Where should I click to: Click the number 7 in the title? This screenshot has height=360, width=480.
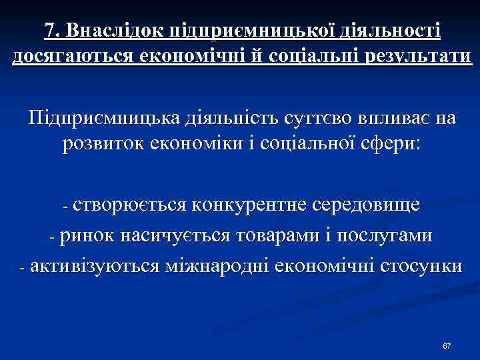pyautogui.click(x=50, y=31)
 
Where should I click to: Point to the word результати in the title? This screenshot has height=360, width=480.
pyautogui.click(x=403, y=57)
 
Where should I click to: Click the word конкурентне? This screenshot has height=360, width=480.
pyautogui.click(x=250, y=204)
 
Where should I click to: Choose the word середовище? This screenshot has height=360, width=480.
pyautogui.click(x=365, y=204)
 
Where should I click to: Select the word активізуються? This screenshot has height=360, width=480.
pyautogui.click(x=94, y=266)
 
